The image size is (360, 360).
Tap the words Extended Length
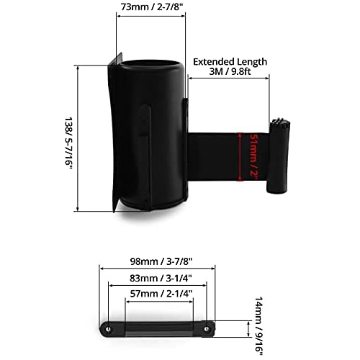pos(229,62)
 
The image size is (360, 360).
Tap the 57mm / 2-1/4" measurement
pos(164,294)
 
